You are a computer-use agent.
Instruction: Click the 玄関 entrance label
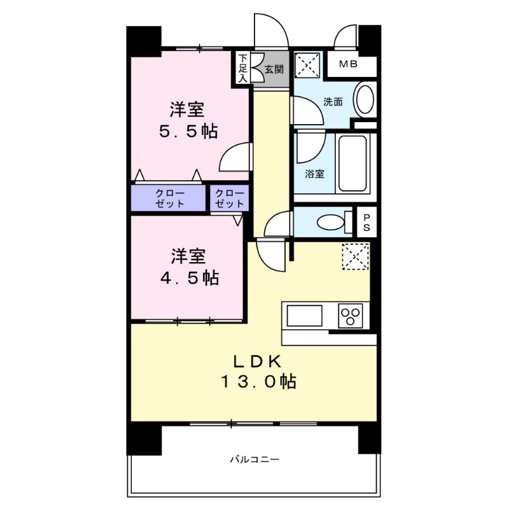pyautogui.click(x=274, y=69)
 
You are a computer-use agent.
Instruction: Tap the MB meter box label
pyautogui.click(x=347, y=64)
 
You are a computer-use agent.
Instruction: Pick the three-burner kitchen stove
pyautogui.click(x=350, y=315)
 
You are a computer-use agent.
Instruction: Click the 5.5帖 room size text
pyautogui.click(x=186, y=131)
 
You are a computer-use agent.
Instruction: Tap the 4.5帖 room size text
pyautogui.click(x=186, y=277)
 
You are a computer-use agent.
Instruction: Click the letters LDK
pyautogui.click(x=258, y=360)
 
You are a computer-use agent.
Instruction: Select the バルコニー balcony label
pyautogui.click(x=254, y=459)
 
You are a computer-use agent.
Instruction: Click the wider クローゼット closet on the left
pyautogui.click(x=169, y=199)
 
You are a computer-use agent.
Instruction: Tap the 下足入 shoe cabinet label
pyautogui.click(x=242, y=68)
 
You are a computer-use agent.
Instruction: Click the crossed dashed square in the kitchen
pyautogui.click(x=355, y=256)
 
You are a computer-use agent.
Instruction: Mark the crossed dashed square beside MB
pyautogui.click(x=308, y=65)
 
